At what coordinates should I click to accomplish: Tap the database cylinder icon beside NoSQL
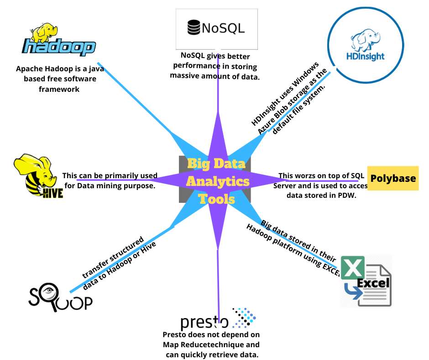point(194,28)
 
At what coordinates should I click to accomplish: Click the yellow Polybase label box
point(393,178)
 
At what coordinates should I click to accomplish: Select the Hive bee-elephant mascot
point(37,176)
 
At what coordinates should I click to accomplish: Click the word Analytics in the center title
point(218,182)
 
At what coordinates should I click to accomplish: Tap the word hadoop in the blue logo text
point(59,47)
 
